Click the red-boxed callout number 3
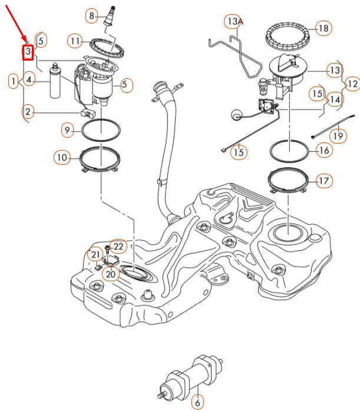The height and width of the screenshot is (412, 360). click(27, 52)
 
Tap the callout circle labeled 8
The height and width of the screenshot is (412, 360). click(91, 15)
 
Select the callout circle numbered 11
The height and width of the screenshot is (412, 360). click(75, 41)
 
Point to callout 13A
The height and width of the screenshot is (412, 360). click(234, 22)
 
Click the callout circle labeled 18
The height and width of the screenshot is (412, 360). click(323, 28)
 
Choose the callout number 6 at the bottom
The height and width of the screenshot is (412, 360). click(197, 403)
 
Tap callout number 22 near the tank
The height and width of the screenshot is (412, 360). click(118, 246)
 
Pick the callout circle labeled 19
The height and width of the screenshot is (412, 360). click(337, 136)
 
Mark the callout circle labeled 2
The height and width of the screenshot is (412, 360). click(29, 111)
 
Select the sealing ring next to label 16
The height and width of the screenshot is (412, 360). click(290, 151)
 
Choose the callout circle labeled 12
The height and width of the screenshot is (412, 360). click(352, 84)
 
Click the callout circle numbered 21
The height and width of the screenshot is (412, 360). click(94, 254)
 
